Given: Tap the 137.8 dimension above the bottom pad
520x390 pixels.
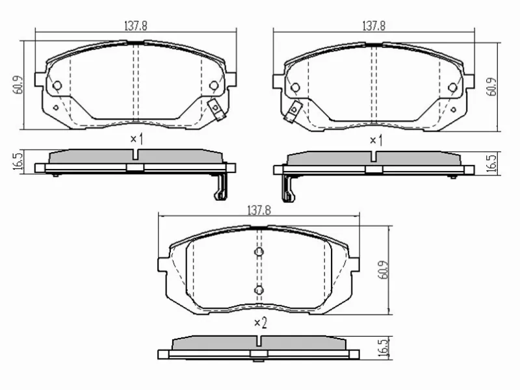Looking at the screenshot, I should pyautogui.click(x=259, y=211).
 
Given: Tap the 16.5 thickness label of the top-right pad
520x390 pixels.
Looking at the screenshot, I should pyautogui.click(x=493, y=161).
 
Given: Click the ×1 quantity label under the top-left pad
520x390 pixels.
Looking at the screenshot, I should pyautogui.click(x=135, y=139).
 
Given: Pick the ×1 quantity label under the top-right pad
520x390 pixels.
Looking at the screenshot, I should pyautogui.click(x=374, y=139).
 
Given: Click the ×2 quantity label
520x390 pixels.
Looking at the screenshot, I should pyautogui.click(x=260, y=322).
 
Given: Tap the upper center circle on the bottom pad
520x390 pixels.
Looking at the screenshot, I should pyautogui.click(x=259, y=252).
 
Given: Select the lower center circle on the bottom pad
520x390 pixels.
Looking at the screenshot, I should pyautogui.click(x=259, y=289).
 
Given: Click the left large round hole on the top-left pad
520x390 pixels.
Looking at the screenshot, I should pyautogui.click(x=57, y=85).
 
